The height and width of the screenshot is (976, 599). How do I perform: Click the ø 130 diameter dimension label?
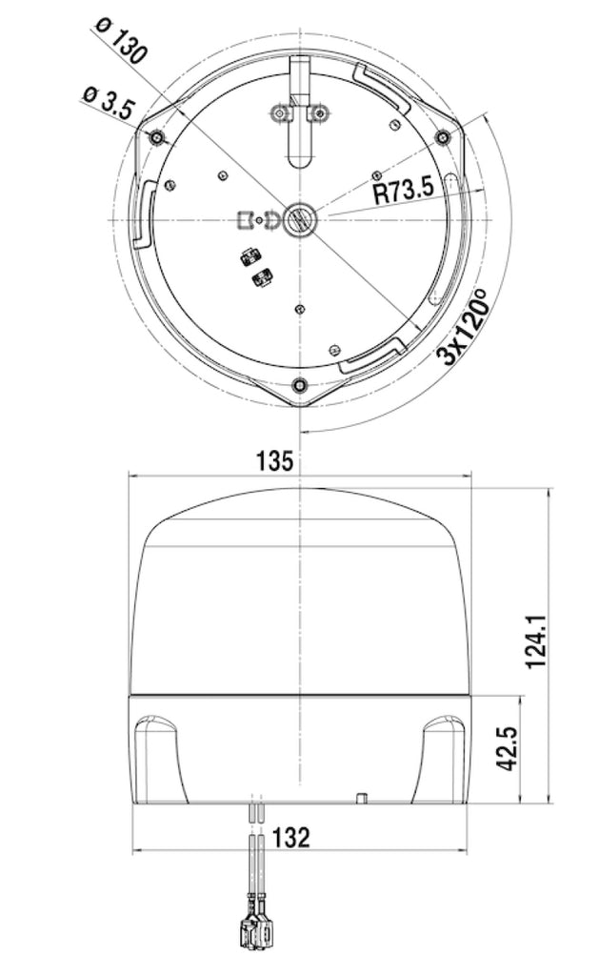coord(122,41)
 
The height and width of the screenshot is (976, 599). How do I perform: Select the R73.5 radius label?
coord(403,190)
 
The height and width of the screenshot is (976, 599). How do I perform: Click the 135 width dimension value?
coord(273,462)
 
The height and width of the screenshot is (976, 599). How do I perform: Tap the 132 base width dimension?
coord(290,838)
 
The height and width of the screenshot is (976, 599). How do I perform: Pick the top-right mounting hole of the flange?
coord(441,138)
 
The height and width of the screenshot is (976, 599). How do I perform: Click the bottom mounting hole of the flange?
coord(300,385)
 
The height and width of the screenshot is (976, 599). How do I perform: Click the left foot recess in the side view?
coord(159,758)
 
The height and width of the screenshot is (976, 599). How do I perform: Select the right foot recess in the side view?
coord(442,758)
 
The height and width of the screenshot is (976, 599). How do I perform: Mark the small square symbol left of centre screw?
coord(244,220)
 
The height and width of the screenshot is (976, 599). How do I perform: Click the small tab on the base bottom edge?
coord(362,796)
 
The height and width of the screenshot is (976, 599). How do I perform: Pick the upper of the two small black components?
coord(251,255)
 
